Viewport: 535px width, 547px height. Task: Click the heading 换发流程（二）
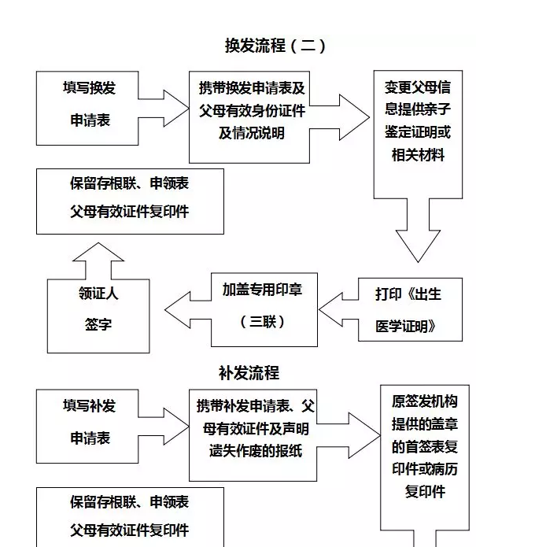[x=275, y=45]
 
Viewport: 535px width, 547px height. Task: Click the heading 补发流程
[x=249, y=371]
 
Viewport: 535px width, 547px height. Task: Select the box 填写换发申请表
[x=87, y=107]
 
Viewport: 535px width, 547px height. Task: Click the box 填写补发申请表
[x=87, y=425]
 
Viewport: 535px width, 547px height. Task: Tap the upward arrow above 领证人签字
[x=98, y=259]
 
